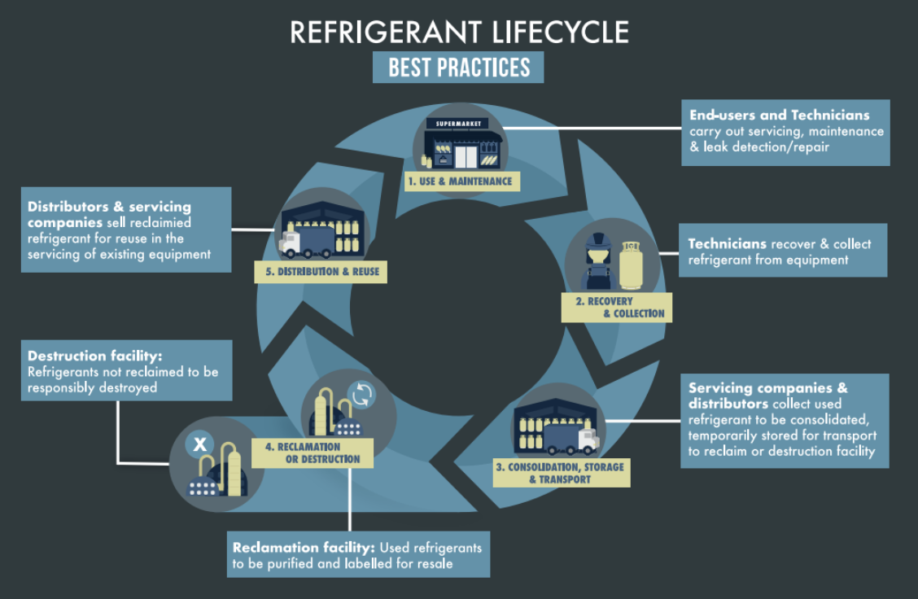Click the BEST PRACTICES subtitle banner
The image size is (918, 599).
coord(458,67)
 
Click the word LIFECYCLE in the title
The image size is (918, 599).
coord(560,32)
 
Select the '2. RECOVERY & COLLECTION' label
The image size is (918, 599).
coord(616,307)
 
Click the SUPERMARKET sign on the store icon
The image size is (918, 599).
coord(457,124)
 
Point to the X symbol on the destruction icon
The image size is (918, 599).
coord(199,444)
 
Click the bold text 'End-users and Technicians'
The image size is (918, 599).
coord(779,116)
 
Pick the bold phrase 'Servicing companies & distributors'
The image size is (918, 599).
coord(767,396)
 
